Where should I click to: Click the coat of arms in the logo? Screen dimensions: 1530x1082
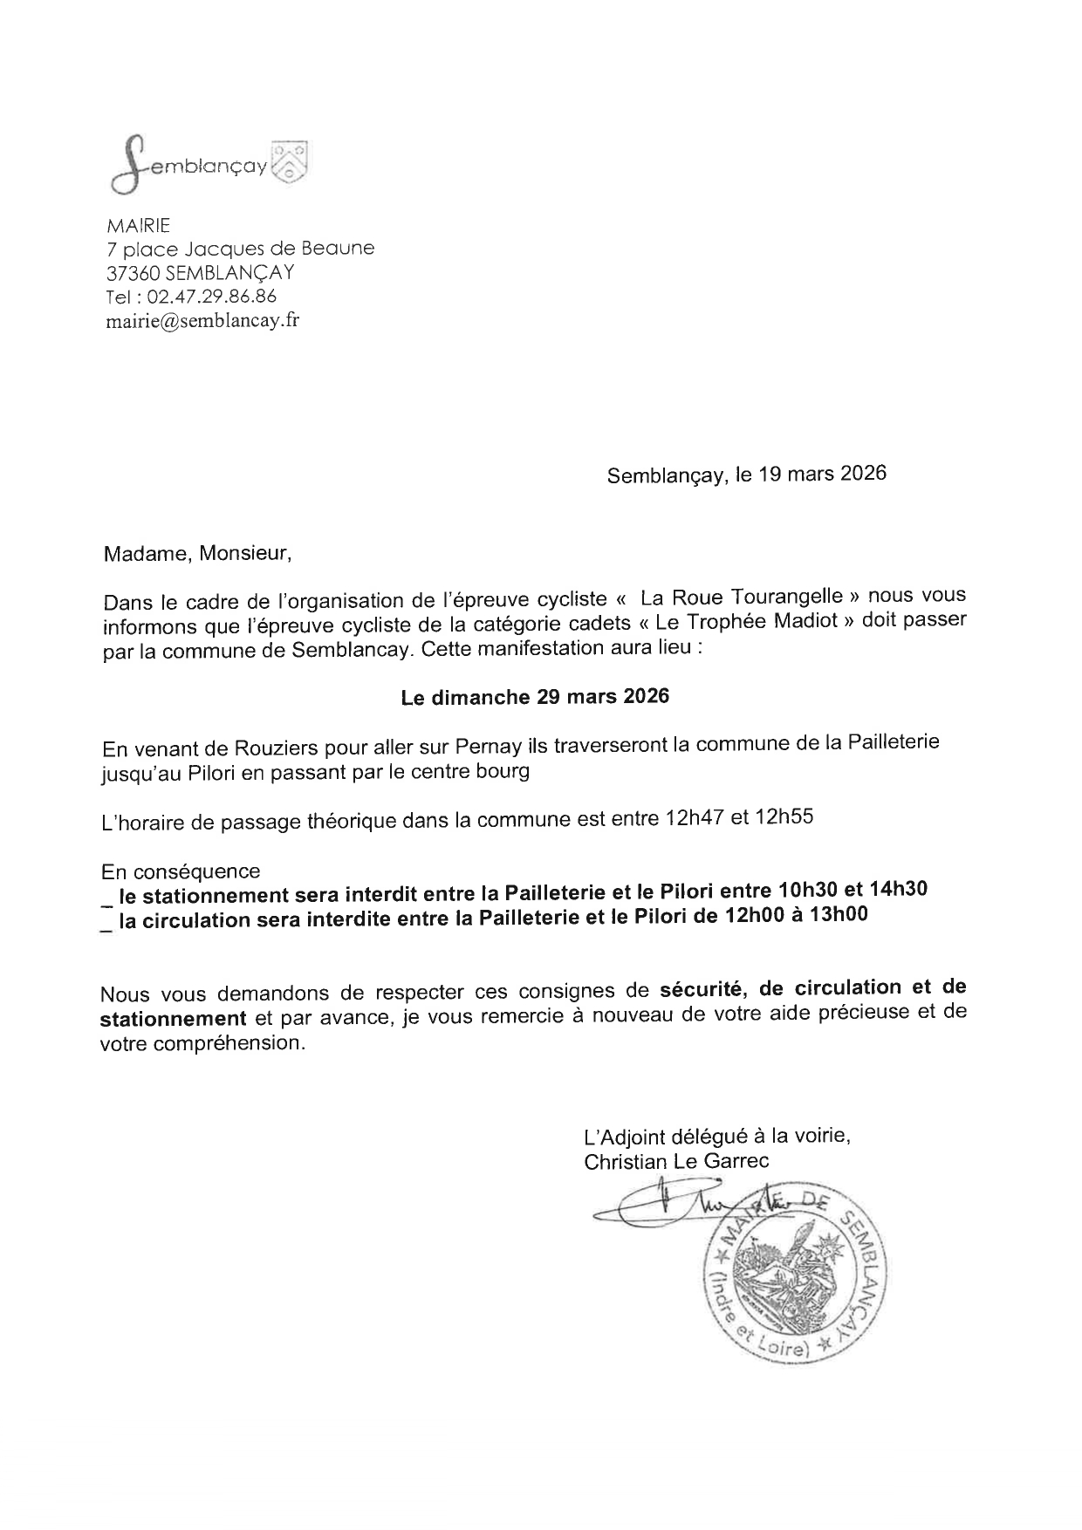[291, 162]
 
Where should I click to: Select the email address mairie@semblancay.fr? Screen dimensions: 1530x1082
[202, 320]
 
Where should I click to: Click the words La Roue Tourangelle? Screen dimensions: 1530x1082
[741, 598]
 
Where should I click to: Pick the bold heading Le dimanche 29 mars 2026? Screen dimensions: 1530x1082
[535, 697]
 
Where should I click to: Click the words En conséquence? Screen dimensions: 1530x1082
[181, 871]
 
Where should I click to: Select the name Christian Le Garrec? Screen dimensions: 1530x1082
[677, 1161]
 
